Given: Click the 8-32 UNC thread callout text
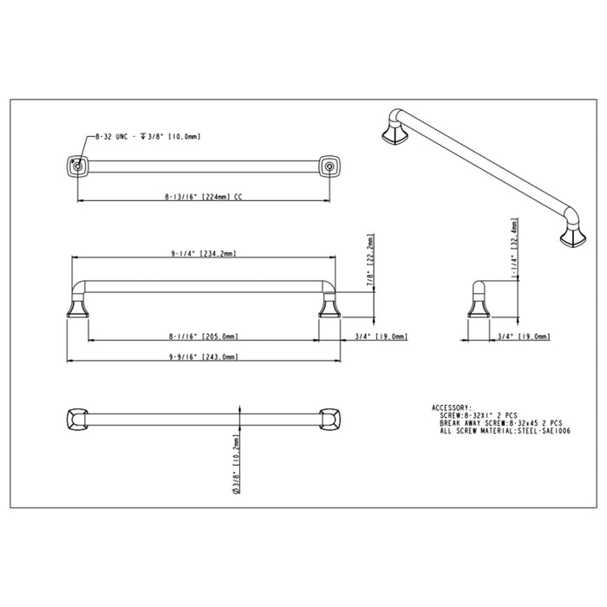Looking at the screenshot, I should click(x=144, y=137).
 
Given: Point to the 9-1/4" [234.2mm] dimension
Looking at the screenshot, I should click(x=204, y=254).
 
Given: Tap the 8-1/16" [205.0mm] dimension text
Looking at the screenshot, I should click(x=204, y=336).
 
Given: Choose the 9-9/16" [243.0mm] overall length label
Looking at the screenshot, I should click(x=204, y=356).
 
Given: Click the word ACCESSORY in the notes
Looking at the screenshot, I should click(x=451, y=407).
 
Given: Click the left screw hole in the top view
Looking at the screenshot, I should click(x=77, y=165).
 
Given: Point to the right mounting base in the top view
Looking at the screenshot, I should click(x=329, y=166).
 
